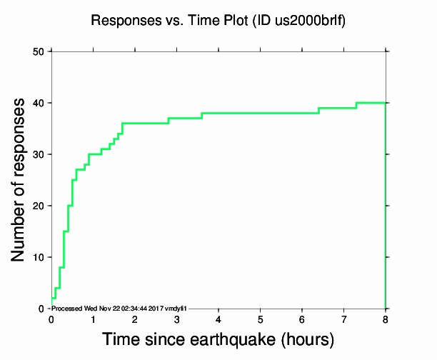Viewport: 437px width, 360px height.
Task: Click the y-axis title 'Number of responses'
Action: click(21, 179)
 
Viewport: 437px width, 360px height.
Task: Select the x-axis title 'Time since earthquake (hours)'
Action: click(218, 338)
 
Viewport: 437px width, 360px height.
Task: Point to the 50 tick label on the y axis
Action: click(39, 51)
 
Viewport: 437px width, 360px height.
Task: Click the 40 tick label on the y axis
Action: click(39, 103)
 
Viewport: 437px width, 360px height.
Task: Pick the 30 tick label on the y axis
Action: click(39, 154)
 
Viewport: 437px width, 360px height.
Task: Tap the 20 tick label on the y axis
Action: click(39, 206)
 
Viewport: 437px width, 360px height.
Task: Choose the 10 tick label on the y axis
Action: click(39, 257)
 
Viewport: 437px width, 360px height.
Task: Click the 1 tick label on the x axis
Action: click(93, 319)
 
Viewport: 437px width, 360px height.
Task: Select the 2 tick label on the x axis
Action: click(135, 319)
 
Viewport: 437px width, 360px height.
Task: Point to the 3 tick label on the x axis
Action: click(176, 319)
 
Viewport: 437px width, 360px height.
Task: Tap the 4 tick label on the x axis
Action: click(218, 319)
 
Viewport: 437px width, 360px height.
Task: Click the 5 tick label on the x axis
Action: click(260, 319)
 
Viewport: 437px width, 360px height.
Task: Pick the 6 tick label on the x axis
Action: click(302, 319)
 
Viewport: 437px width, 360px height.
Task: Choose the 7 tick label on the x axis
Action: click(343, 319)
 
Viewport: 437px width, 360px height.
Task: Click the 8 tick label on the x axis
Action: click(386, 319)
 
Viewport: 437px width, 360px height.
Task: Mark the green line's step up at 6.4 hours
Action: click(318, 111)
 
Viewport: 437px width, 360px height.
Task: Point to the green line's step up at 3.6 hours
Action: click(202, 116)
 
